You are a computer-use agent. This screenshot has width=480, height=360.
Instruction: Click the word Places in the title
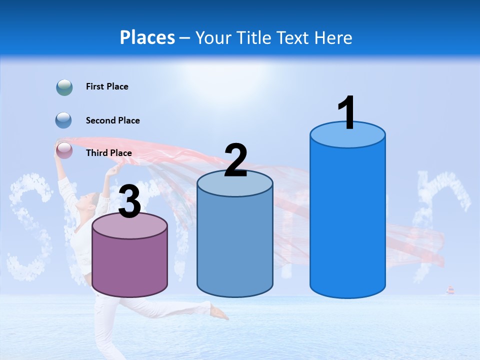[147, 37]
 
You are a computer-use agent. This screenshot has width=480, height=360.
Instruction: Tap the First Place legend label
[107, 86]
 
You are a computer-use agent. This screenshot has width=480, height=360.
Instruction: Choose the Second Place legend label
[112, 120]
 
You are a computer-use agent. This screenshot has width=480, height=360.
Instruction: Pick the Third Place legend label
[108, 153]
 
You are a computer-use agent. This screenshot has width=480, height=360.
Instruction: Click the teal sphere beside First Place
[64, 87]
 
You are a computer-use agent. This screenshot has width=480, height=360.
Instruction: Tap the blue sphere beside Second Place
[64, 120]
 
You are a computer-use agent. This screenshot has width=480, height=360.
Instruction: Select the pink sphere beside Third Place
[64, 150]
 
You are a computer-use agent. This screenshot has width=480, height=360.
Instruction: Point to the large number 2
[235, 161]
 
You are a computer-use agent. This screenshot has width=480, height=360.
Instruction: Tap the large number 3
[129, 202]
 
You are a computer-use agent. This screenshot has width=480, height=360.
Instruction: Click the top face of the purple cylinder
[130, 226]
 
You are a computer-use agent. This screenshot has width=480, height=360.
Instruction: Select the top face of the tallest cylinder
[347, 135]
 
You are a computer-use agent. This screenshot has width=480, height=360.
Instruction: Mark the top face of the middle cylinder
[235, 184]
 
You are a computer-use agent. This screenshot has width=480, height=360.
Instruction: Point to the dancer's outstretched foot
[220, 313]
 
